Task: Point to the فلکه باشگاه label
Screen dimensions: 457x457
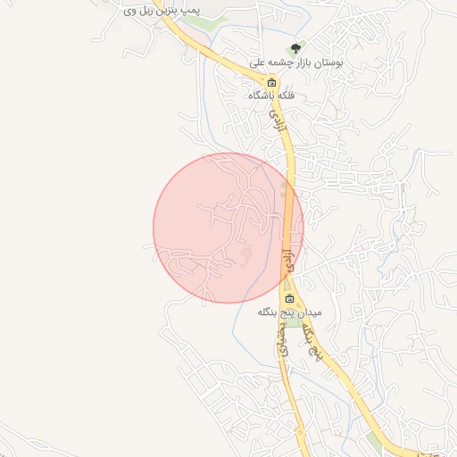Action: point(273,96)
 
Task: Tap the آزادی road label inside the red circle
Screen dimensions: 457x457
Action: point(287,261)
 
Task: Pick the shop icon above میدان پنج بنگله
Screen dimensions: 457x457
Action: point(288,299)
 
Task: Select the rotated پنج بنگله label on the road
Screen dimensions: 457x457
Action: point(313,342)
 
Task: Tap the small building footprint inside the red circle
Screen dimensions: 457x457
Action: point(248,255)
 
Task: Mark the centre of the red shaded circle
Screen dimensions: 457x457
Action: point(228,228)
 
